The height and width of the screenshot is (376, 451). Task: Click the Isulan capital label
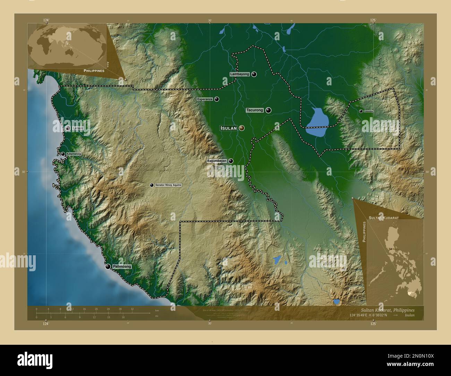(x=229, y=128)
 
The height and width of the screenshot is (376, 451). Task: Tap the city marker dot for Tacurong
(x=269, y=110)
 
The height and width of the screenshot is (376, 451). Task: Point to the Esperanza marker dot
(x=217, y=99)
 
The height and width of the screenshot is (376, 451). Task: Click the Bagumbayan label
(x=217, y=161)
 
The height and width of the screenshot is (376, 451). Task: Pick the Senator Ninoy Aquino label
(x=168, y=185)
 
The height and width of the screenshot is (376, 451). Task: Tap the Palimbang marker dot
(x=108, y=266)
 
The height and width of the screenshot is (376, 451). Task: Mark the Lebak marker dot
(x=68, y=128)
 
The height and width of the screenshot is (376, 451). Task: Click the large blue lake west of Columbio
(x=317, y=121)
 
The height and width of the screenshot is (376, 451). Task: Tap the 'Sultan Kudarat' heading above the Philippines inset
(x=384, y=217)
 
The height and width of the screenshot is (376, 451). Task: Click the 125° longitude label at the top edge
(x=373, y=20)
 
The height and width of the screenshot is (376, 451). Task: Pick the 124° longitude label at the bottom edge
(x=46, y=324)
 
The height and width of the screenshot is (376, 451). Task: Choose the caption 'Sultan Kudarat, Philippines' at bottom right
(x=387, y=310)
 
